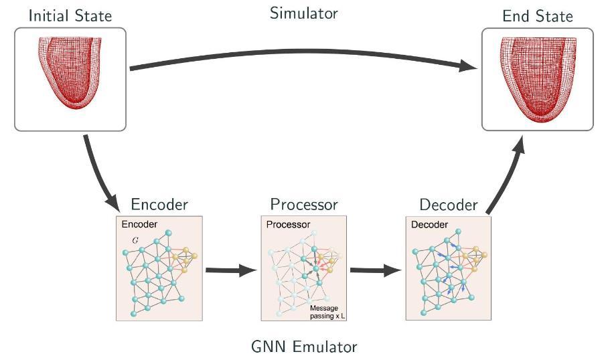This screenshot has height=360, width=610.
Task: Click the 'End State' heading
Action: coord(538,16)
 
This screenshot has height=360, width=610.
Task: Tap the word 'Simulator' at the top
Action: coord(304,13)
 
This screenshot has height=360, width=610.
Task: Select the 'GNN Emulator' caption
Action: coord(304,347)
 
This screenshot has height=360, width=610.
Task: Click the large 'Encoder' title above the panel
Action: coord(159,204)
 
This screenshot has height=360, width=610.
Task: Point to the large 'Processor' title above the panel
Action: coord(304,204)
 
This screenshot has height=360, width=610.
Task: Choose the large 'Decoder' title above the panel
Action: coord(449,204)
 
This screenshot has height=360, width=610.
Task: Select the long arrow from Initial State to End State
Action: coord(301,57)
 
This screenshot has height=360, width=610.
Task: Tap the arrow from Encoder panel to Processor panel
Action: coord(231,270)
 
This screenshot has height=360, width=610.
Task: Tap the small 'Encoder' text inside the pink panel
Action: coord(139,225)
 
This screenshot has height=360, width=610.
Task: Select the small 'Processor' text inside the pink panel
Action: coord(288,225)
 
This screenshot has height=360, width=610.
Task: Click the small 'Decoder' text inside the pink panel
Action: coord(430,225)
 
